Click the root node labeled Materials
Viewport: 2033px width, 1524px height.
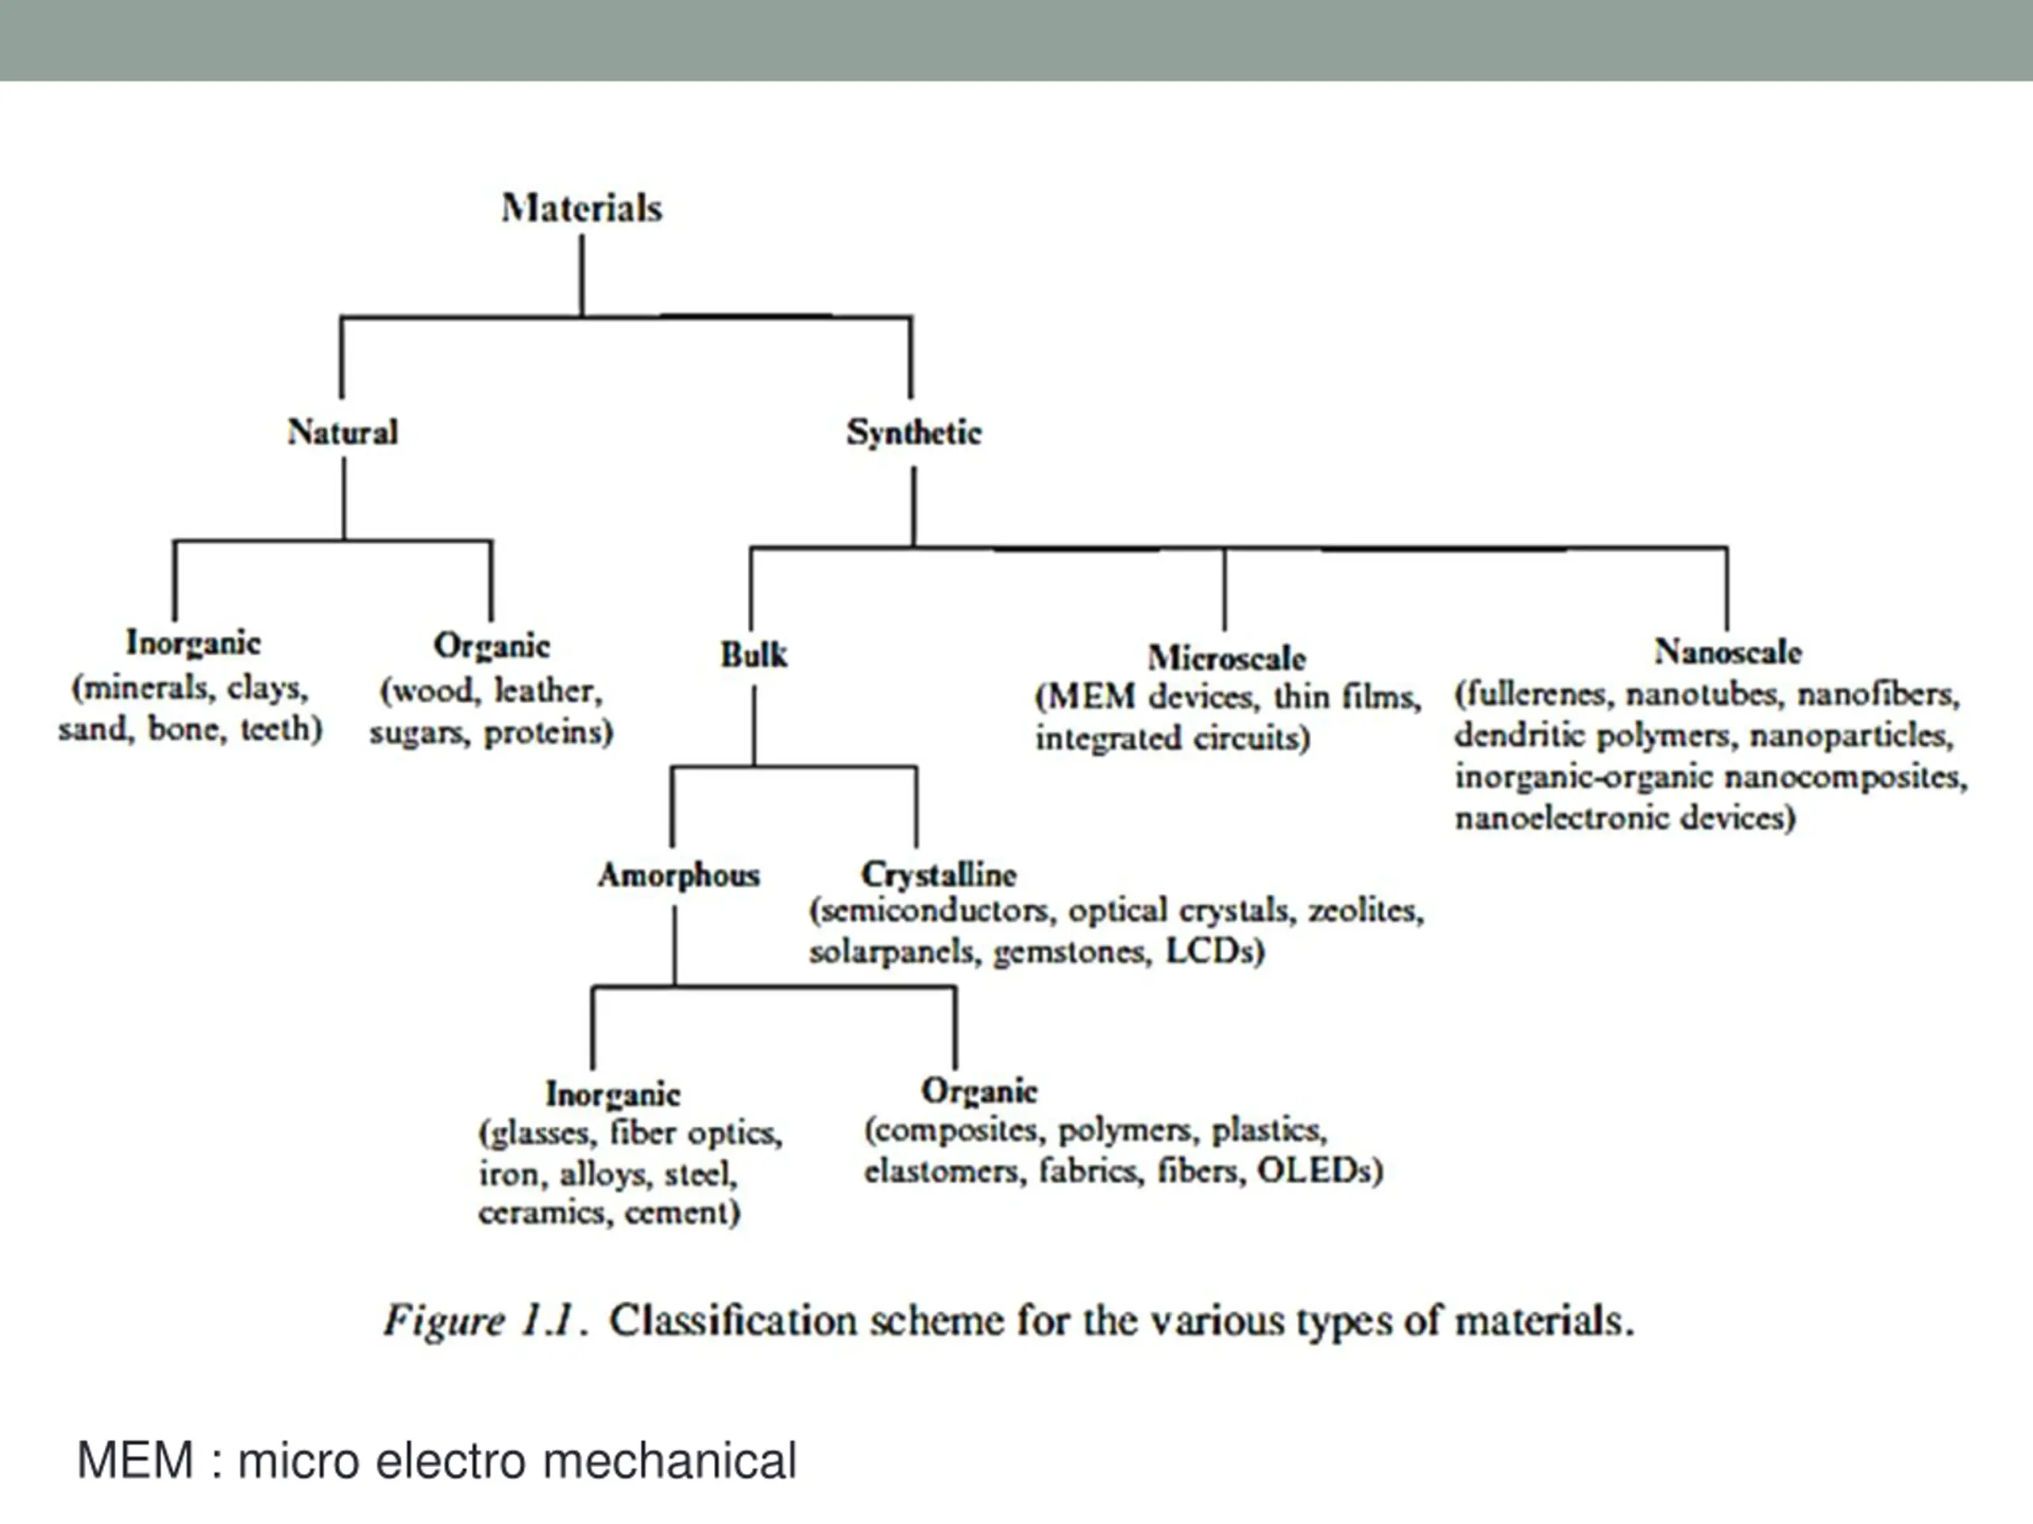(582, 209)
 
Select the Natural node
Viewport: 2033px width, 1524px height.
(343, 432)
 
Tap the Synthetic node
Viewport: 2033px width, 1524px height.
(913, 433)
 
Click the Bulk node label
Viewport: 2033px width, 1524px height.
(754, 655)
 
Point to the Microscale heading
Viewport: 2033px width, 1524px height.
(1226, 658)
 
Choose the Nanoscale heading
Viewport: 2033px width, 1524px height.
(1728, 652)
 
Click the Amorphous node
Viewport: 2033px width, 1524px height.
(679, 876)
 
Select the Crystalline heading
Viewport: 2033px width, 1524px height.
(939, 874)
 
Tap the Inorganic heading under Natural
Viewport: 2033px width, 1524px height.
(193, 644)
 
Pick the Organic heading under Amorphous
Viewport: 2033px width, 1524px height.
(979, 1091)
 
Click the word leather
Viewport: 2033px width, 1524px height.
(548, 690)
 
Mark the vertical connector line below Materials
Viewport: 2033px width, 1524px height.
(582, 275)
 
